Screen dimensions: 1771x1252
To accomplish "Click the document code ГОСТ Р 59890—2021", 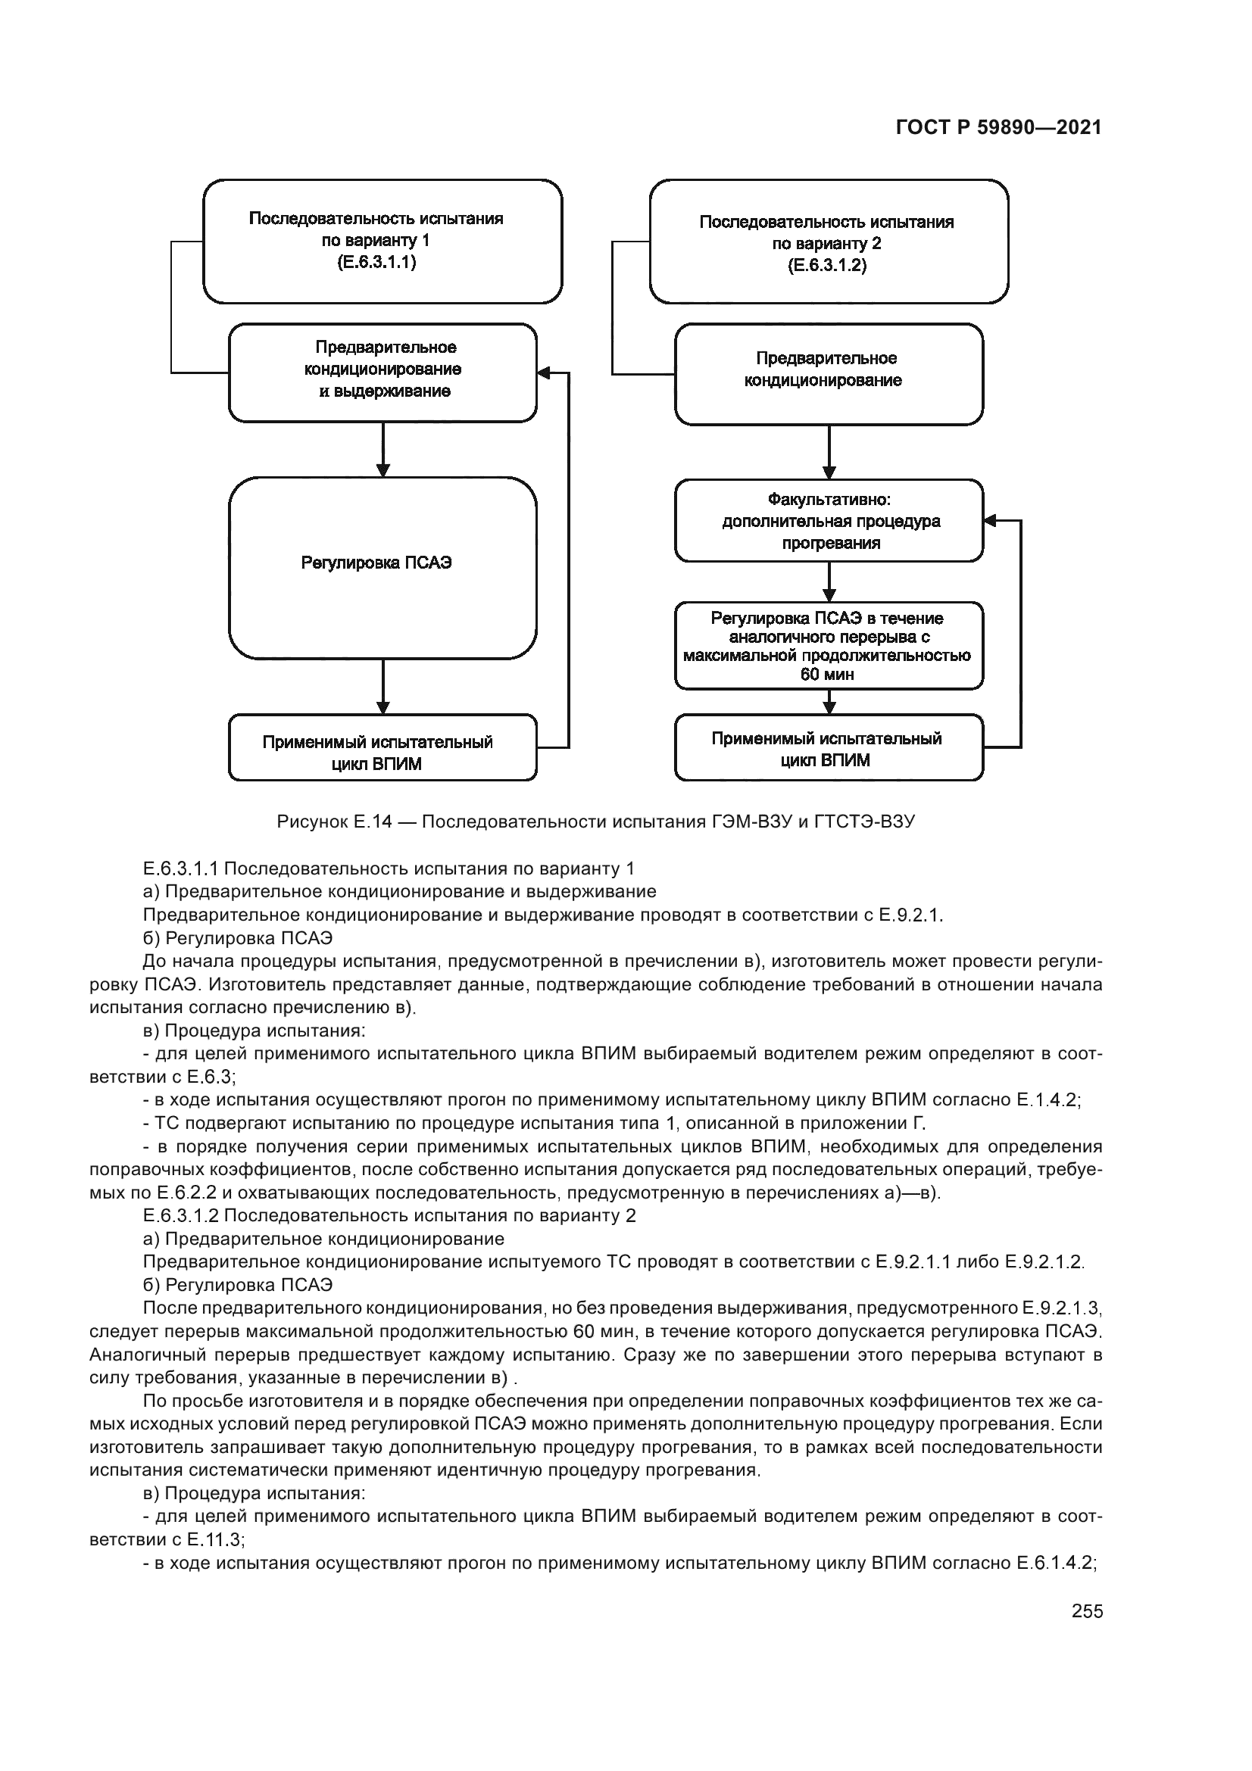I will point(998,128).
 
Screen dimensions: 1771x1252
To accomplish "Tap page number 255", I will point(1087,1610).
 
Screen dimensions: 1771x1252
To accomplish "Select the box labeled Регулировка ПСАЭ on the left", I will point(382,568).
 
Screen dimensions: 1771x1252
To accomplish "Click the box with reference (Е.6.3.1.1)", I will point(382,241).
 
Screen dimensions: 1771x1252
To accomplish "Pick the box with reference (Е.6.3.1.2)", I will point(829,242).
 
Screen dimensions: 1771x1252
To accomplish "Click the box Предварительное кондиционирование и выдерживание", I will point(382,373).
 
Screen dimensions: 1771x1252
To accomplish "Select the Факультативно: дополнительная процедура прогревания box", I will point(829,521).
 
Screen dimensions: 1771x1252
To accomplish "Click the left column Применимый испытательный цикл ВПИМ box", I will point(382,747).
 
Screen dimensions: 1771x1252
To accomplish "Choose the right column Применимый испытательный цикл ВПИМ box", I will point(829,749).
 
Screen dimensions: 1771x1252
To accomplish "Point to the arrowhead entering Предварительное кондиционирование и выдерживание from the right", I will point(543,373).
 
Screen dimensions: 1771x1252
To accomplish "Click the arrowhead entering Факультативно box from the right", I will point(990,521).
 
